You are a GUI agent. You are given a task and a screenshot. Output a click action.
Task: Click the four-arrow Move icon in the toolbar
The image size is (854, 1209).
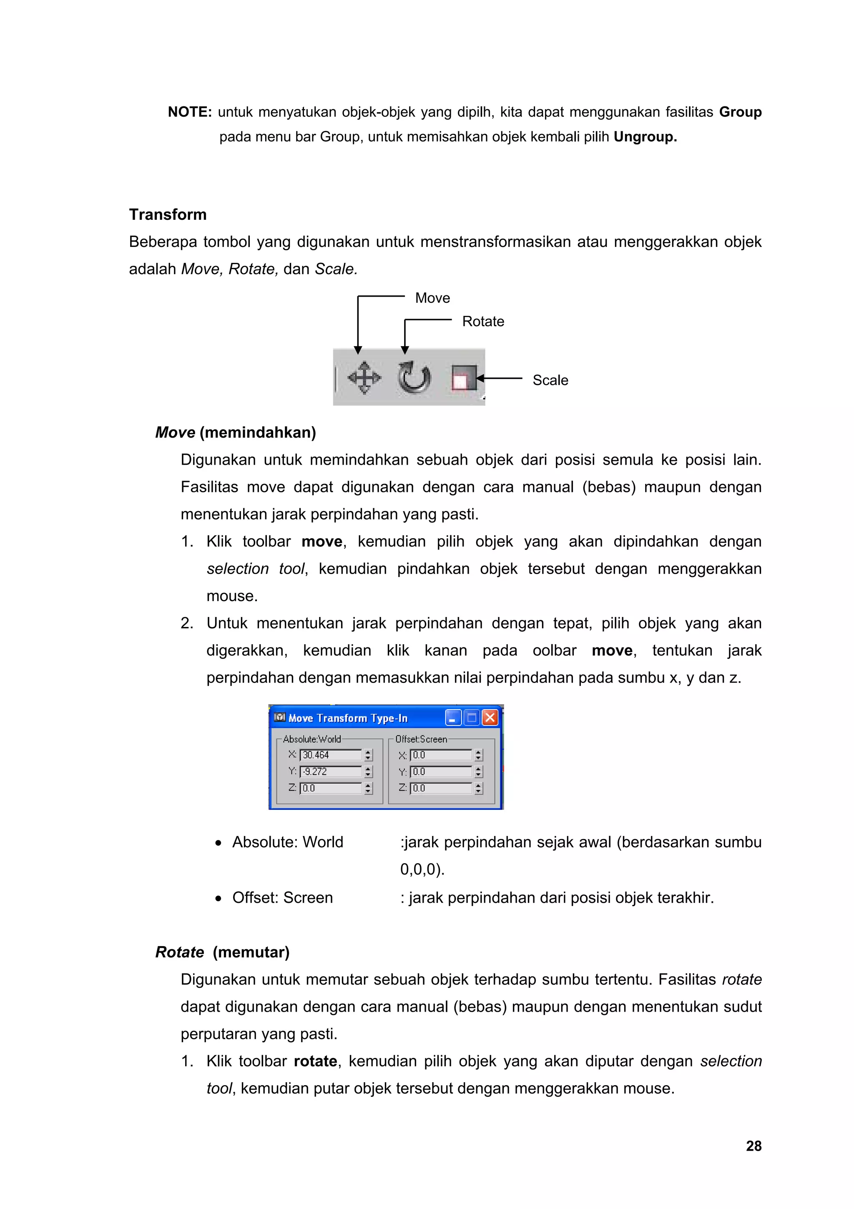tap(364, 378)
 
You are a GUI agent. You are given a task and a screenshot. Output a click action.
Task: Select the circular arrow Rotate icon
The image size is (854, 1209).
tap(414, 378)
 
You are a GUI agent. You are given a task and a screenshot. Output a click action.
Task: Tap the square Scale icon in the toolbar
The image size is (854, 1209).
tap(464, 378)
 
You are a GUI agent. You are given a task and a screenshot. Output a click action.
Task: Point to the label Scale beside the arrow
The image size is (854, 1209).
tap(550, 380)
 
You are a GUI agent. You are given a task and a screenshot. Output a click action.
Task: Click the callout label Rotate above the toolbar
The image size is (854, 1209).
tap(482, 321)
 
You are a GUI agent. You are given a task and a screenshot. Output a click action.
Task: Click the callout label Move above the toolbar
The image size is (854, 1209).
tap(432, 298)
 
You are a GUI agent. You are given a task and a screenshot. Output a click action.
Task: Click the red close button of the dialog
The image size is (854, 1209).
tap(490, 718)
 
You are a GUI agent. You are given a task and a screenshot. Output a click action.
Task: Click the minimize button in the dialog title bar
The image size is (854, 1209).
tap(452, 718)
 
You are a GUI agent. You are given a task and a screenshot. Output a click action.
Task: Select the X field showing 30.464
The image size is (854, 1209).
tap(330, 755)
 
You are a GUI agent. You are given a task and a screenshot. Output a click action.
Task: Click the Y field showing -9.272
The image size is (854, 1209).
tap(330, 771)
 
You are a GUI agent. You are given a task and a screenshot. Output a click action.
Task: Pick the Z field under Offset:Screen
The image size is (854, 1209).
tap(441, 788)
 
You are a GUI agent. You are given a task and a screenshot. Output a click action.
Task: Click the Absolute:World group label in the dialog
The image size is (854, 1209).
tap(311, 739)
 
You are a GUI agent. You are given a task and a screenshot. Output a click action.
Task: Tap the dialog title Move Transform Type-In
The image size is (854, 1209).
tap(348, 718)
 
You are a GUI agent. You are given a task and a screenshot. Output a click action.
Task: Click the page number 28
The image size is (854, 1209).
tap(754, 1146)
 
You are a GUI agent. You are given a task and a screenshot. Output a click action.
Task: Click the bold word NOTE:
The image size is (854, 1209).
tap(189, 112)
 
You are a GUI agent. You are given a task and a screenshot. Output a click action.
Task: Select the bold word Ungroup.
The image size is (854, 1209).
tap(645, 137)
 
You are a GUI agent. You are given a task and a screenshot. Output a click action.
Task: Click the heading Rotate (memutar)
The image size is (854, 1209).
tap(222, 952)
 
